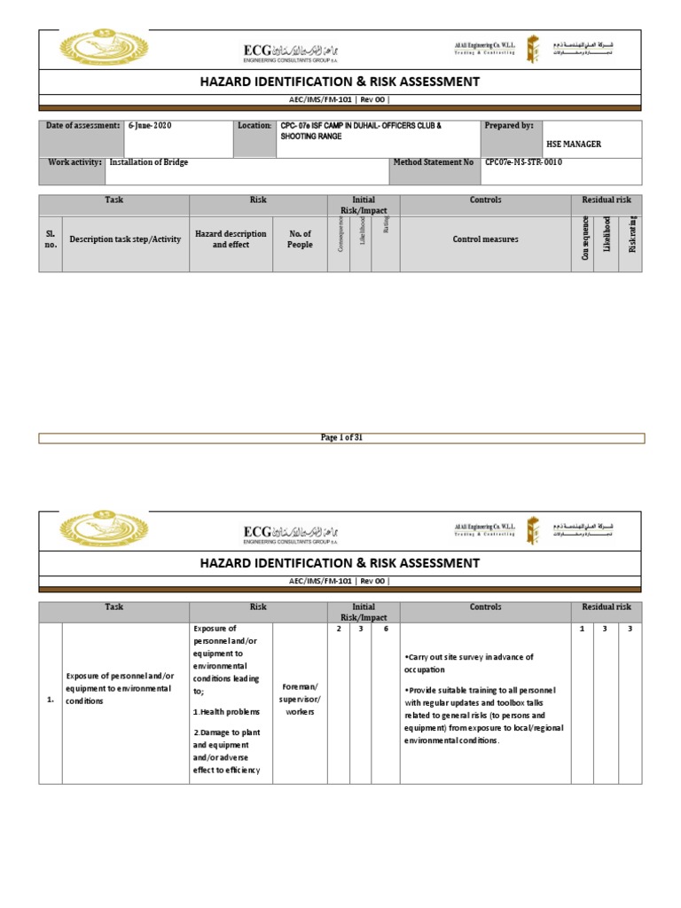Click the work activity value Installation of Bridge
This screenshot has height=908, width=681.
tap(149, 163)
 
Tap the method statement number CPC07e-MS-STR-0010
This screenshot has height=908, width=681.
tap(523, 163)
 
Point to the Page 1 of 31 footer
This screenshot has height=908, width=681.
tap(341, 438)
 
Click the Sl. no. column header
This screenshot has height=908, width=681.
tap(51, 239)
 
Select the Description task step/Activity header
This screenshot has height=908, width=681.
tap(125, 239)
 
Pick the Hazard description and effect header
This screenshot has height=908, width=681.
tap(231, 239)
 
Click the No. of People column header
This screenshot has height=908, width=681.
tap(301, 239)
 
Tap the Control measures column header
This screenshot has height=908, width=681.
tap(485, 239)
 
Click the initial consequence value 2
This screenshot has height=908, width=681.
tap(340, 629)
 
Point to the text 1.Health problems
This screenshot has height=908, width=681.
tap(226, 712)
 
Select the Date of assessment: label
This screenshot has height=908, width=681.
tap(82, 126)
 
